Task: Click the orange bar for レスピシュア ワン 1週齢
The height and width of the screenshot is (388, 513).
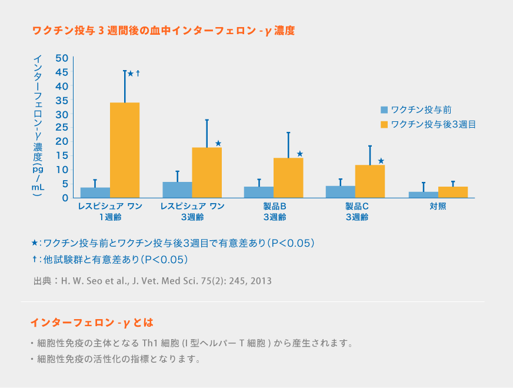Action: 125,150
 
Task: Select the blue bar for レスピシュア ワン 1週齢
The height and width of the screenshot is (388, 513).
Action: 95,193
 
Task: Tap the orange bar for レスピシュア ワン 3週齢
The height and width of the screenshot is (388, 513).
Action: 206,173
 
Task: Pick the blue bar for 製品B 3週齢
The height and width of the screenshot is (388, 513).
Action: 259,192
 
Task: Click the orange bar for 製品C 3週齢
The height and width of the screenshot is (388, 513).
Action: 369,181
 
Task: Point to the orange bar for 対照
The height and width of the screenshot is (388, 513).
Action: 453,192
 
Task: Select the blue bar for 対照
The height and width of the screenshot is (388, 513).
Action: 424,194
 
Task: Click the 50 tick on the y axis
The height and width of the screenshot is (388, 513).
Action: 62,58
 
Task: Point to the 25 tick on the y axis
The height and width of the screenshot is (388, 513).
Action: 62,128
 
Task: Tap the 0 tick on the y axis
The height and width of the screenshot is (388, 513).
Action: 66,198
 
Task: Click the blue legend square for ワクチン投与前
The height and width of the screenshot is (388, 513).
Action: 384,110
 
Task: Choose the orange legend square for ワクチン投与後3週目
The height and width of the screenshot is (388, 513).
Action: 384,124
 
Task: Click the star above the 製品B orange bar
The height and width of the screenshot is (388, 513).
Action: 299,154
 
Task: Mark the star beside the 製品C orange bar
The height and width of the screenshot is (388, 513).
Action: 381,161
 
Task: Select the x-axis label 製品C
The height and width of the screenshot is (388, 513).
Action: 357,207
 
